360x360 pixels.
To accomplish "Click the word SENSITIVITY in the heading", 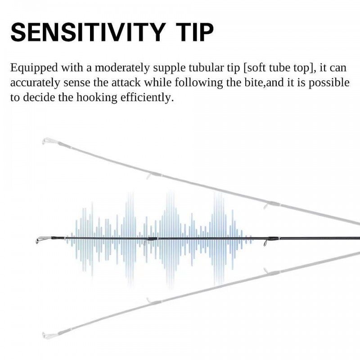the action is (87, 32).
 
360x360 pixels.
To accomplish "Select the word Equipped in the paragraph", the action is (34, 68).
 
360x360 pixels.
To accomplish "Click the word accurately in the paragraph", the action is (35, 83).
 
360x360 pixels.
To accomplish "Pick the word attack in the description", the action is (126, 82).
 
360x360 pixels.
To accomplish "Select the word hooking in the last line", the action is (97, 98).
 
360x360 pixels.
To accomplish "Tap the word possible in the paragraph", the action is (329, 83).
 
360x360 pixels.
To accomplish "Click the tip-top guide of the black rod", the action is (42, 240).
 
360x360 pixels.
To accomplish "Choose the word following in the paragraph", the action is (198, 83).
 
